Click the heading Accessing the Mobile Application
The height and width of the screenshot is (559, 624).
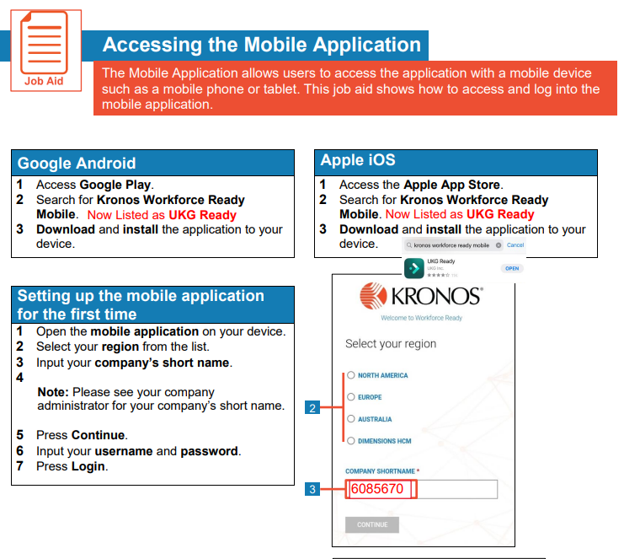pyautogui.click(x=261, y=45)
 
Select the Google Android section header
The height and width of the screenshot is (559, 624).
pyautogui.click(x=77, y=163)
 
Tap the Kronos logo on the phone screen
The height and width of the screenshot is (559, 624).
pyautogui.click(x=420, y=297)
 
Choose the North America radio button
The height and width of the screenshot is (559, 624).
pyautogui.click(x=350, y=376)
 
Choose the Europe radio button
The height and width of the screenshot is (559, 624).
pyautogui.click(x=350, y=397)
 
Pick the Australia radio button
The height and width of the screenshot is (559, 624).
pyautogui.click(x=350, y=419)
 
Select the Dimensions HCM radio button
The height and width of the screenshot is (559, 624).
pyautogui.click(x=350, y=441)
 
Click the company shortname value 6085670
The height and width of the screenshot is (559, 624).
pyautogui.click(x=377, y=490)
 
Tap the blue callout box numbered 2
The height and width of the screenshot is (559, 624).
pyautogui.click(x=312, y=409)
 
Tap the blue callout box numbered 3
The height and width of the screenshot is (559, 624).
pyautogui.click(x=312, y=489)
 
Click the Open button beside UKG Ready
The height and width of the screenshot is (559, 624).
pyautogui.click(x=511, y=268)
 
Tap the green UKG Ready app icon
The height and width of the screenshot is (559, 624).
pyautogui.click(x=413, y=268)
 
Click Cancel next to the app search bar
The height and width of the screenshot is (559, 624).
pyautogui.click(x=515, y=245)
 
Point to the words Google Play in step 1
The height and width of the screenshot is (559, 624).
pyautogui.click(x=115, y=185)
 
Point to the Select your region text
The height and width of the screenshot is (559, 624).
pyautogui.click(x=391, y=344)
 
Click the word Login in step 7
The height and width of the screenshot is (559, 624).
pyautogui.click(x=88, y=466)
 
